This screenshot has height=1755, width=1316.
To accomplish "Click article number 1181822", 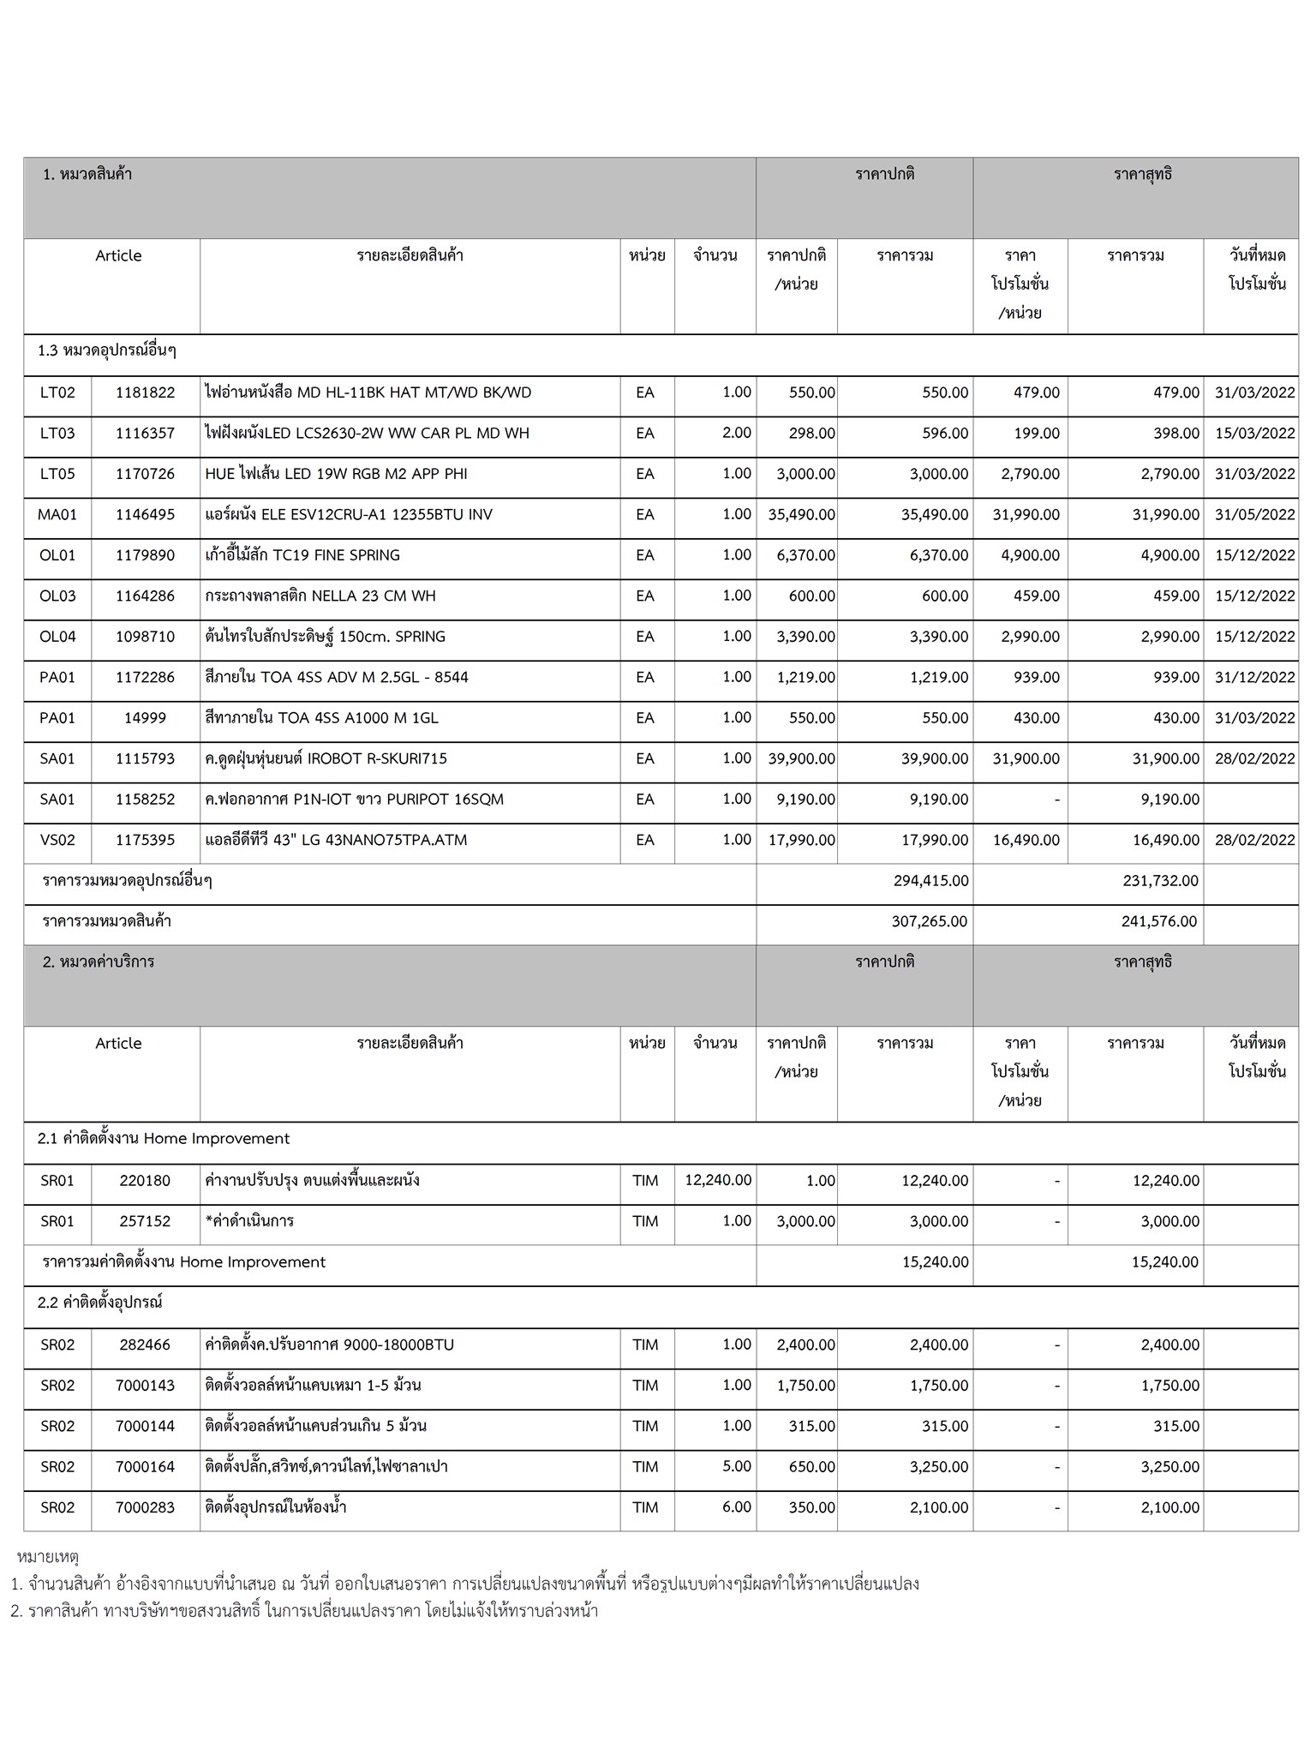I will [145, 392].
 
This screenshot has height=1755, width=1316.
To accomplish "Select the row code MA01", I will [57, 515].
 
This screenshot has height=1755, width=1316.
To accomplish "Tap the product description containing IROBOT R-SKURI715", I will [326, 759].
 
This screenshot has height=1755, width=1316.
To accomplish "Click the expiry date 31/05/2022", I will [1254, 515].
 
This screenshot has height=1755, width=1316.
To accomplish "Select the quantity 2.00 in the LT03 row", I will [736, 434].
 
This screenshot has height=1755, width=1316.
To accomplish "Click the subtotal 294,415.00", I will [930, 881].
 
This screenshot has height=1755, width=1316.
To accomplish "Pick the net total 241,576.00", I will [1159, 922].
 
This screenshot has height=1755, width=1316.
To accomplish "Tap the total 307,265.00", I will [930, 922].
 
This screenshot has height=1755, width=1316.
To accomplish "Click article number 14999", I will [145, 718].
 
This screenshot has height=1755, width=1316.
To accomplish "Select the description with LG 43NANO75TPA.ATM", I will [336, 841].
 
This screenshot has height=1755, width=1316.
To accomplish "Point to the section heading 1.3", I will [107, 351].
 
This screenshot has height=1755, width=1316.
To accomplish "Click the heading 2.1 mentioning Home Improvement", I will [164, 1139].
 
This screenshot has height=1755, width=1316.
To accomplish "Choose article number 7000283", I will [145, 1507].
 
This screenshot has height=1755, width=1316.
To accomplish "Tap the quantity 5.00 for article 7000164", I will [736, 1466].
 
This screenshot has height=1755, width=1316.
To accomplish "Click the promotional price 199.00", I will [1036, 434].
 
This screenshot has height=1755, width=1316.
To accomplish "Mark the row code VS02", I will [57, 841].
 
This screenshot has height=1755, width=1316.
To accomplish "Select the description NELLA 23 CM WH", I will [320, 596].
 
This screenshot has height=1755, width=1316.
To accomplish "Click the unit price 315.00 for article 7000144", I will [811, 1426].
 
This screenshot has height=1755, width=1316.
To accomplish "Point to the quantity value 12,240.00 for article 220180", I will [718, 1181].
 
